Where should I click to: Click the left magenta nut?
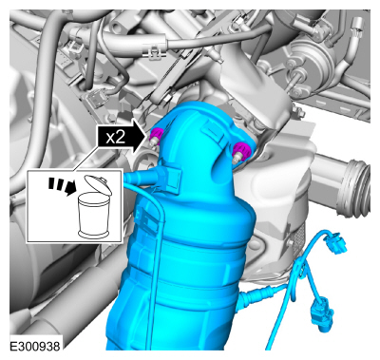click(x=156, y=135)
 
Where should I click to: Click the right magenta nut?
click(x=241, y=151)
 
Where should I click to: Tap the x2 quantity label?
click(x=116, y=138)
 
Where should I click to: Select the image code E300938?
click(x=35, y=346)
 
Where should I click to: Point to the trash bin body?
click(x=94, y=216)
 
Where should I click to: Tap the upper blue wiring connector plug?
click(x=334, y=243)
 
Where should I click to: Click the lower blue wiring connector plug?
click(x=322, y=313)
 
